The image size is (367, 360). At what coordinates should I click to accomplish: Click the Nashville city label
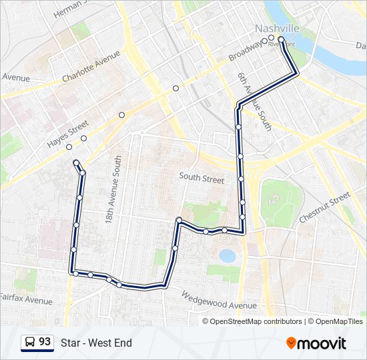click(x=276, y=28)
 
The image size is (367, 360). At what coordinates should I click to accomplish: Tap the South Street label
click(x=202, y=178)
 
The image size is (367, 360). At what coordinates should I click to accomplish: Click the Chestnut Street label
click(x=324, y=207)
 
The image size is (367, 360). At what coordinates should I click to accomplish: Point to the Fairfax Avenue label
click(x=25, y=299)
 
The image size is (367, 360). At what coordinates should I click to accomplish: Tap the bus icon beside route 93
click(x=30, y=343)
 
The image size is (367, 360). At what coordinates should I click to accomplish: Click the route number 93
click(x=45, y=342)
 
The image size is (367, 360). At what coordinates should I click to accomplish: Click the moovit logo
click(x=316, y=343)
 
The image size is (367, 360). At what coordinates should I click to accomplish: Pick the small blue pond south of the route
click(x=228, y=256)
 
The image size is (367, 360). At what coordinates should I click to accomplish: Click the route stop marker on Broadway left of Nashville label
click(x=265, y=41)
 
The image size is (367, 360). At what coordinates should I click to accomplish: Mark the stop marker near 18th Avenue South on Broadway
click(x=121, y=115)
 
